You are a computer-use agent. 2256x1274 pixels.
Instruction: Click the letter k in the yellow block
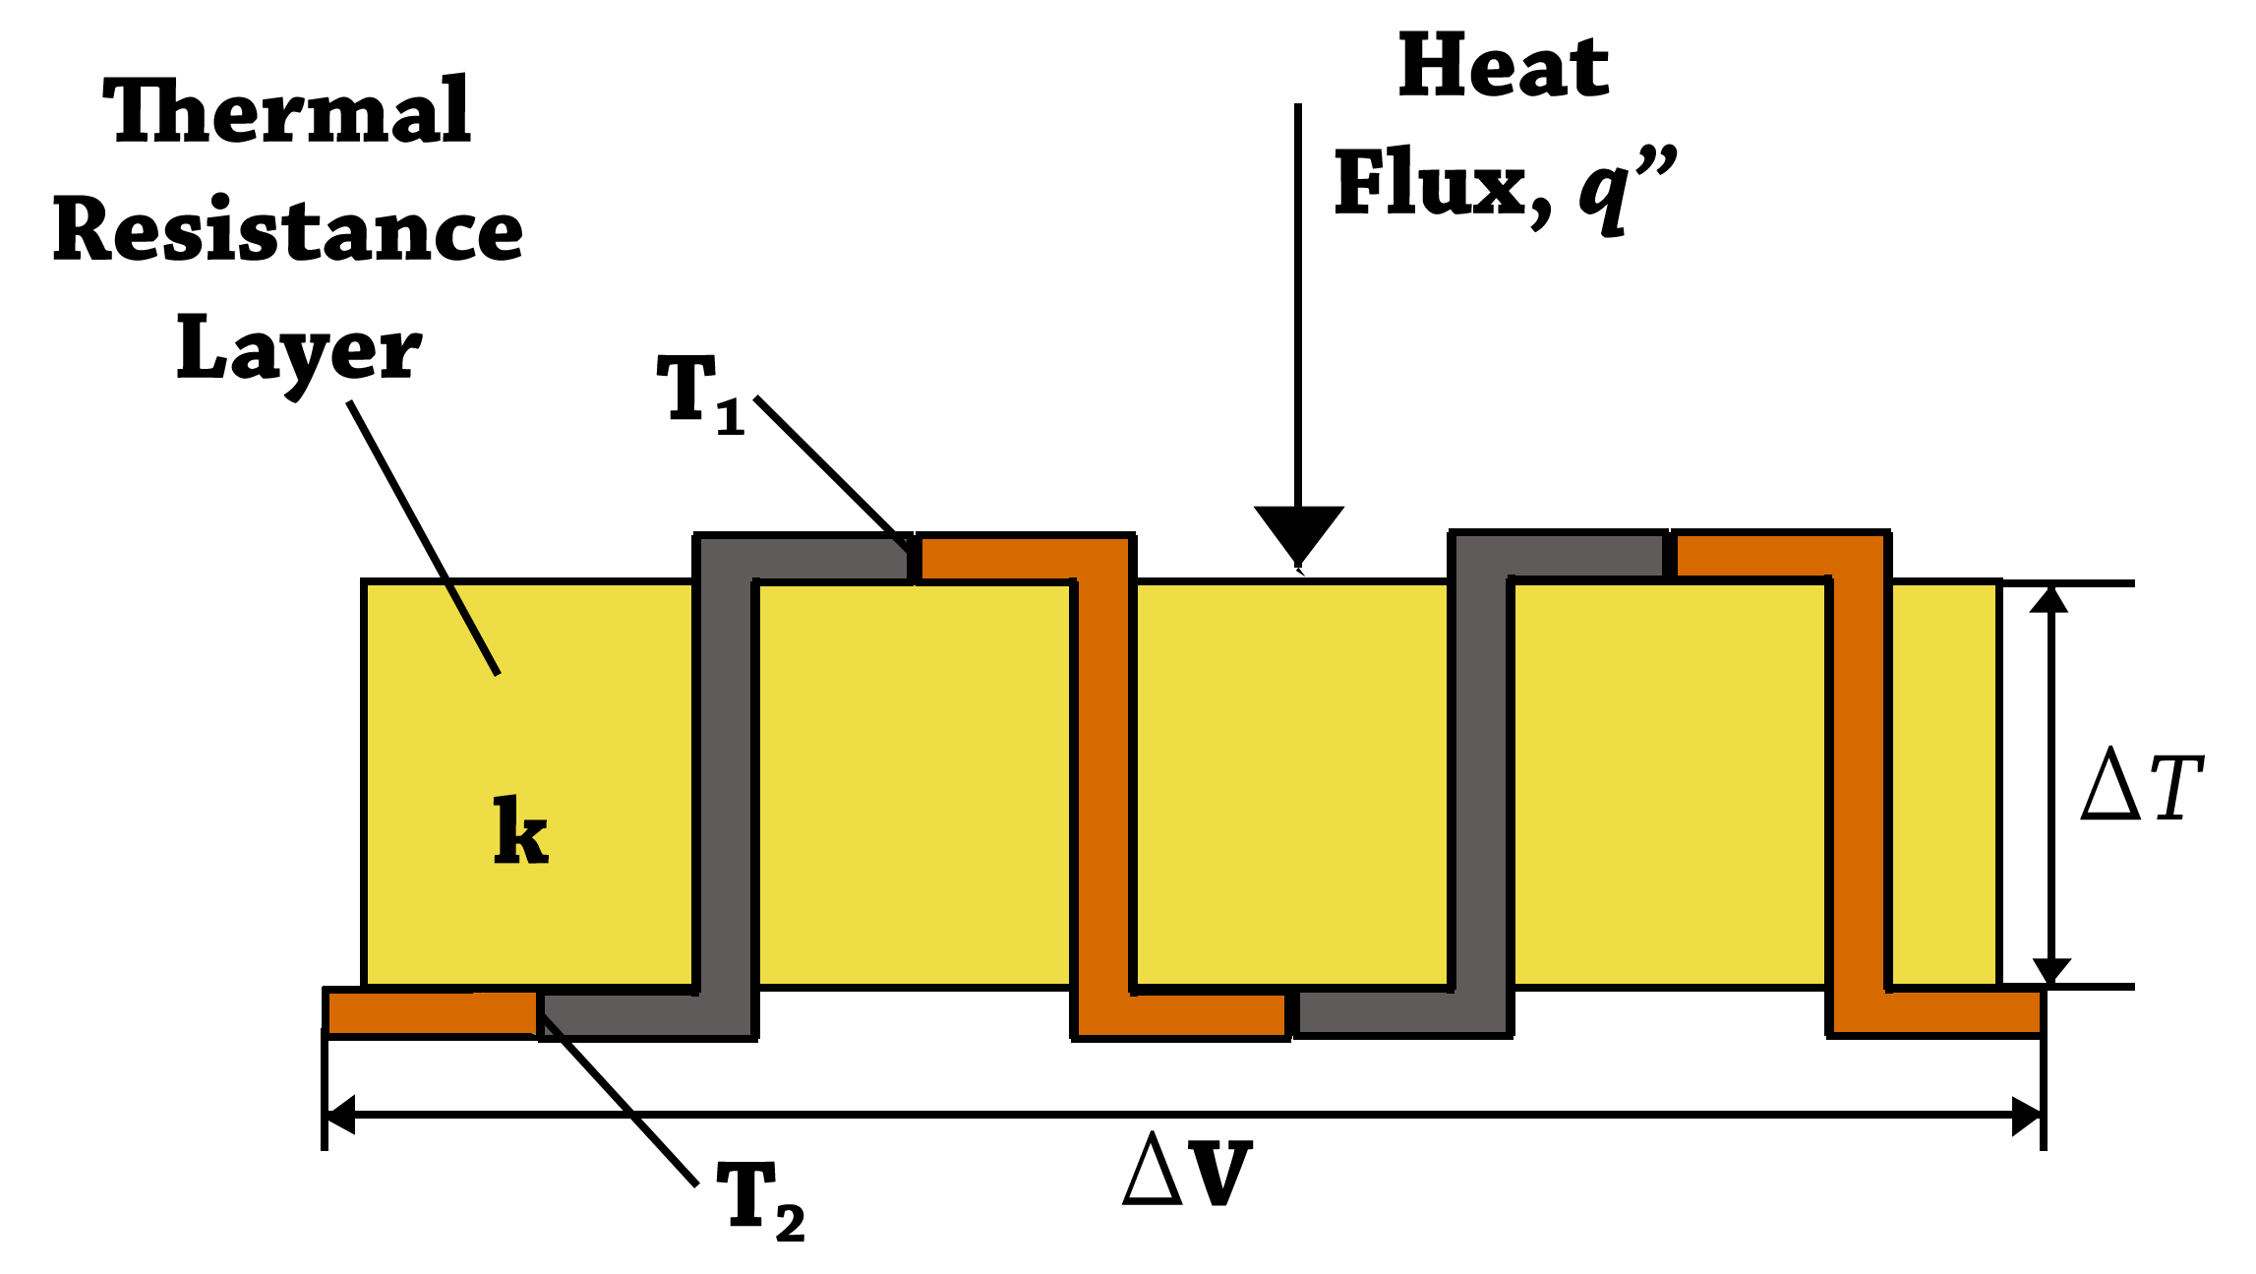520,832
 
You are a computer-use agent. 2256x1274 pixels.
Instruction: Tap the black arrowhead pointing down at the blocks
1298,541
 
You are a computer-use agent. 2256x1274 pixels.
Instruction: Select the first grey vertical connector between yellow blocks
726,787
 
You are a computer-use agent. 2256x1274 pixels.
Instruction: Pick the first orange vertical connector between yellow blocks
1103,787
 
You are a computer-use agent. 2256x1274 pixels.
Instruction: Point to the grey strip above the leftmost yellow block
620,559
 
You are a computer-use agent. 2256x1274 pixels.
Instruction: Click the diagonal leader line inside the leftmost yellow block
474,631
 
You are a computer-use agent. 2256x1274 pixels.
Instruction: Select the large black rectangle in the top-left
291,236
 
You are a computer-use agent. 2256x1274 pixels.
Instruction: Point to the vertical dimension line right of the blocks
2050,787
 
